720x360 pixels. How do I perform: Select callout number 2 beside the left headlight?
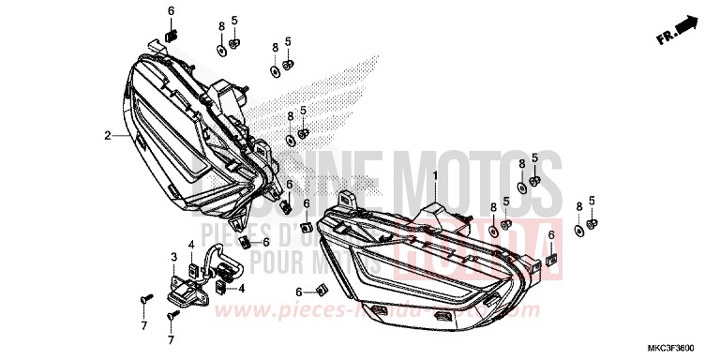pyautogui.click(x=108, y=135)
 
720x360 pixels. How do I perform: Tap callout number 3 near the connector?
pyautogui.click(x=173, y=255)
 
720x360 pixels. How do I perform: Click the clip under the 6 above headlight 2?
pyautogui.click(x=172, y=36)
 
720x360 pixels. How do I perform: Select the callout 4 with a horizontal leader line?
pyautogui.click(x=241, y=288)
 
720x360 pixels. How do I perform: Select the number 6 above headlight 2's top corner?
pyautogui.click(x=172, y=10)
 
